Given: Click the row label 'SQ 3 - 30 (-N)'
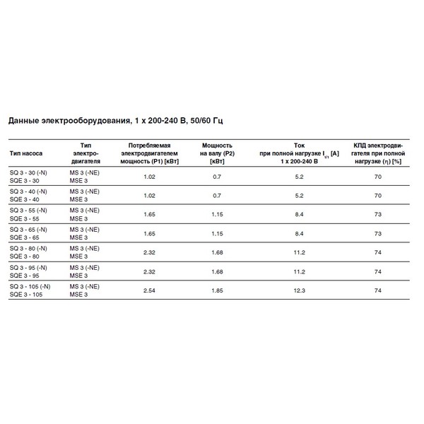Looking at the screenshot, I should coord(29,172).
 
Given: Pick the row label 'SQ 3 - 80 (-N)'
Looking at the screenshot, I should coord(29,249).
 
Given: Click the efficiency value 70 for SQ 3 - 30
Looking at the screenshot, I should coord(378,176).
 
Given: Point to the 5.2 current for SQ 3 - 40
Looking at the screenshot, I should coord(299,195).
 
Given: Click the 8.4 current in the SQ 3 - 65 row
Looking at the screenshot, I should coord(299,233).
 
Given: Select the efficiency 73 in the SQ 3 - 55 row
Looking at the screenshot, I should coord(378,214).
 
